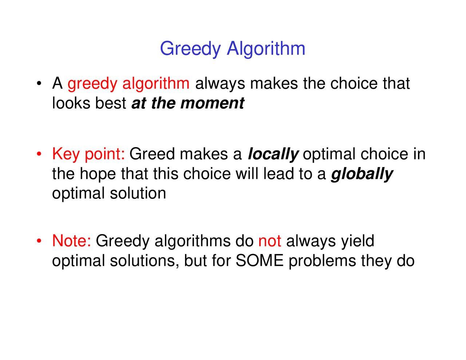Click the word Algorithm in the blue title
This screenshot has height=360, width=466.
coord(266,49)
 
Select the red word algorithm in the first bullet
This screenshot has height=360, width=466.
coord(156,84)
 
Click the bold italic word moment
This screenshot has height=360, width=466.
coord(212,103)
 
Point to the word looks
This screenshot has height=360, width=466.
coord(71,103)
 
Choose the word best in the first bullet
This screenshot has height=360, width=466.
coord(111,103)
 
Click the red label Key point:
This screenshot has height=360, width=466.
coord(88,154)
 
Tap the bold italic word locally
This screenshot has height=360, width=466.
coord(273,154)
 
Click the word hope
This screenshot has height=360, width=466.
coord(98,174)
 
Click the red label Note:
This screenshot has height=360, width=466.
coord(71,241)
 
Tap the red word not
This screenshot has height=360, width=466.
coord(269,241)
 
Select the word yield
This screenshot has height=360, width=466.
coord(358,241)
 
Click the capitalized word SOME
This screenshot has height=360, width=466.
coord(260,261)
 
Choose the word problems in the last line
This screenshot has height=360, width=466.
coord(322,261)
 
